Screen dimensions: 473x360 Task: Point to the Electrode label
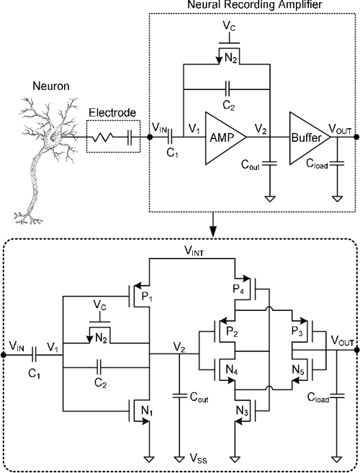click(x=109, y=112)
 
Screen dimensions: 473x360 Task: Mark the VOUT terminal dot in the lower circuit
click(x=354, y=353)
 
